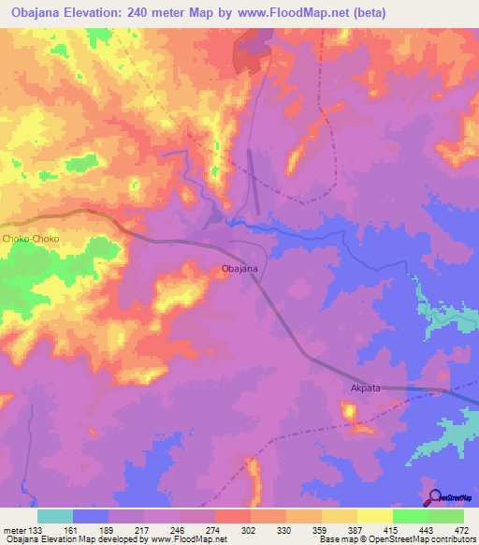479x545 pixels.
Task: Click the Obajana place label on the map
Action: point(239,269)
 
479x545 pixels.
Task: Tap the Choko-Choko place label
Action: point(31,240)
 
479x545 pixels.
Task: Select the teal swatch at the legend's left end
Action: point(55,516)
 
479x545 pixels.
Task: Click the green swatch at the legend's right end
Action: point(446,516)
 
